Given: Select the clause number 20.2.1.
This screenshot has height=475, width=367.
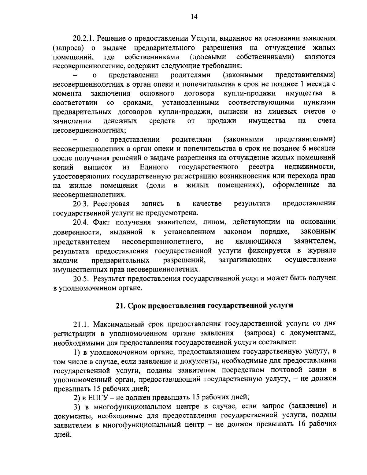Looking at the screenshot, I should coord(83,39).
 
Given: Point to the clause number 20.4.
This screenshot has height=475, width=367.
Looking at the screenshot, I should coord(80,222).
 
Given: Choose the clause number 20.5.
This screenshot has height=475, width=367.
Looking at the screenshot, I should coord(80,279).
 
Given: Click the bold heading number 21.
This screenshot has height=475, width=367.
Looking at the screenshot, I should coord(120,305).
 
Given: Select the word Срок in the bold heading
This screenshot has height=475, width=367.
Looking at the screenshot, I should coord(137,305).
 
